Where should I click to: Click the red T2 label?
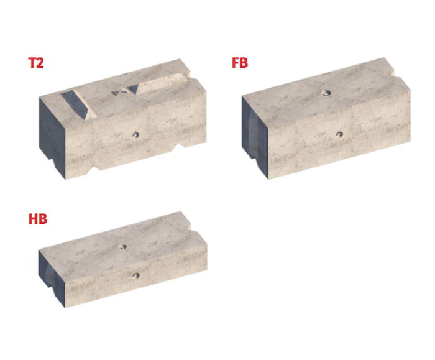35,63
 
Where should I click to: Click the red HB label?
37,219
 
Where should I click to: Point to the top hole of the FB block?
326,93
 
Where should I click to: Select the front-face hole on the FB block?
339,133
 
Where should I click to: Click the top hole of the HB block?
124,246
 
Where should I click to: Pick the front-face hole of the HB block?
135,275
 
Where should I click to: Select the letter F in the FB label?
234,63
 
